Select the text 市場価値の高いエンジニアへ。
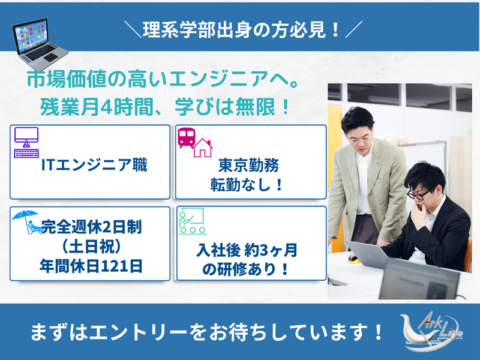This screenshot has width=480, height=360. pyautogui.click(x=163, y=79)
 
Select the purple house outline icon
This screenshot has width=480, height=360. pyautogui.click(x=202, y=148)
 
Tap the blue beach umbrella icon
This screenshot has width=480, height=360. pyautogui.click(x=26, y=220)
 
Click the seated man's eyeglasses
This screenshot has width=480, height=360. pyautogui.click(x=418, y=194)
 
